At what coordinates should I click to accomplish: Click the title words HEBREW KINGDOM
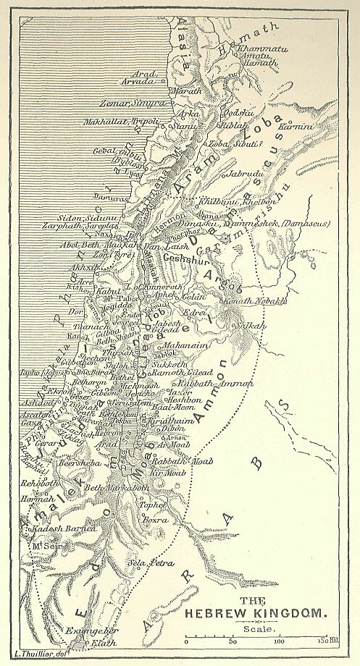coord(257,612)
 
